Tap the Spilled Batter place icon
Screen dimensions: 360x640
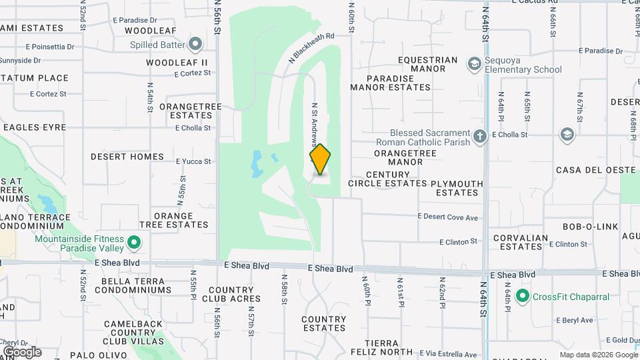pos(195,45)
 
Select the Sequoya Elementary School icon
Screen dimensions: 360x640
pos(475,64)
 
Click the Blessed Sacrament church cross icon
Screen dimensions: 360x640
pos(480,137)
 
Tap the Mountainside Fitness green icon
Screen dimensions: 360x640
pos(134,243)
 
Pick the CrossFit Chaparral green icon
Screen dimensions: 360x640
pos(522,295)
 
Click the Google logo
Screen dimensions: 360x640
pos(21,352)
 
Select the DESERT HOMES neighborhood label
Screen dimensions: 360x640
pos(127,157)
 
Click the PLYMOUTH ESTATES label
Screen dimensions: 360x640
pos(457,188)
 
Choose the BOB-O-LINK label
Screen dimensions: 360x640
pos(590,227)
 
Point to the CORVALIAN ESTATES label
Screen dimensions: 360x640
pos(521,242)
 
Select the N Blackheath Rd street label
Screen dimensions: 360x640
pos(311,48)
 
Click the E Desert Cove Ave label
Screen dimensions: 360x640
pos(448,217)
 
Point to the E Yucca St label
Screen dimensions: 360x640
pos(193,161)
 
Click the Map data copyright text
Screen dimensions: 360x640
pos(598,355)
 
